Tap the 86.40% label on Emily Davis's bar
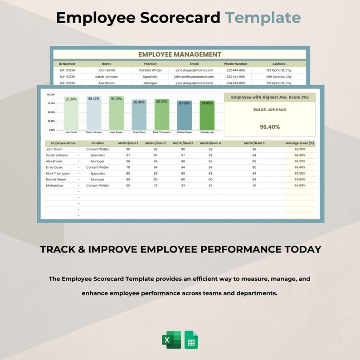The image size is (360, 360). [x=139, y=102]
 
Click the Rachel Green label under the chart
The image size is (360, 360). [x=184, y=132]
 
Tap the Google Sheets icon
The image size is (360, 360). [x=191, y=340]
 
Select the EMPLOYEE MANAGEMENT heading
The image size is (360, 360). [x=180, y=54]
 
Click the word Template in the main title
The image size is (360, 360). [x=263, y=18]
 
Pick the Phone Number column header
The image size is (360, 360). [x=235, y=64]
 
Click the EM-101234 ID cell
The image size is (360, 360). [x=67, y=70]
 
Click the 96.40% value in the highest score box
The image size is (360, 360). [x=270, y=127]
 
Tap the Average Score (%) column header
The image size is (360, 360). [x=300, y=143]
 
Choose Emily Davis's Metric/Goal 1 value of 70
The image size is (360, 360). [x=128, y=167]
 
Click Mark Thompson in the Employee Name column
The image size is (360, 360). [x=58, y=173]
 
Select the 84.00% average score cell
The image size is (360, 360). [x=299, y=185]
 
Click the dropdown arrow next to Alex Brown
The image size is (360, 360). [x=78, y=161]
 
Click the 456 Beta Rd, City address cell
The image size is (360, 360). [x=279, y=77]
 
